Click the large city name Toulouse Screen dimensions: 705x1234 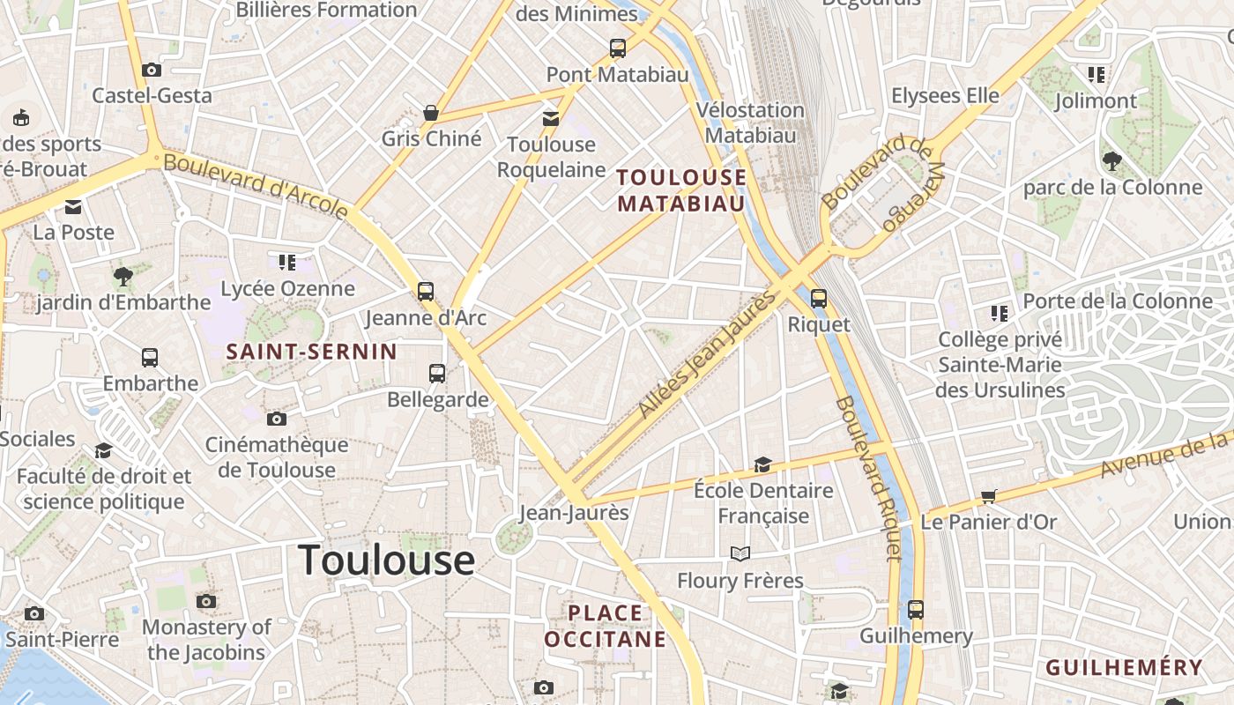point(386,560)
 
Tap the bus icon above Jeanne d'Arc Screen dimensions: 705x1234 point(426,291)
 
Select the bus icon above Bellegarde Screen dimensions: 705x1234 point(437,373)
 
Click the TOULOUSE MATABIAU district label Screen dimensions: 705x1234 point(681,190)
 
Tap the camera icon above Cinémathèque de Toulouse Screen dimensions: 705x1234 point(277,419)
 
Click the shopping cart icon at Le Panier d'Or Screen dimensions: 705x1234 point(989,496)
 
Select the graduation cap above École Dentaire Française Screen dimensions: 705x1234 point(762,464)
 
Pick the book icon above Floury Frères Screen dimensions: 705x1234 point(740,553)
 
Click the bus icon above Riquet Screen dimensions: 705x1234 point(819,298)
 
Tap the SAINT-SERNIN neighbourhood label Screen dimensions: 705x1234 point(312,352)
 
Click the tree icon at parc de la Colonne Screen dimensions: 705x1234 point(1111,160)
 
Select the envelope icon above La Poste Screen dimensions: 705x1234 point(73,207)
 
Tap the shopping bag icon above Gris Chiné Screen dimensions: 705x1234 point(431,113)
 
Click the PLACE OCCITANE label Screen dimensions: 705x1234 point(605,626)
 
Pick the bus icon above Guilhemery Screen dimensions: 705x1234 point(916,609)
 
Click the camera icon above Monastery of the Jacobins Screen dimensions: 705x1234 point(206,601)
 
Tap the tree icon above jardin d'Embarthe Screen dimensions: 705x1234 point(123,276)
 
